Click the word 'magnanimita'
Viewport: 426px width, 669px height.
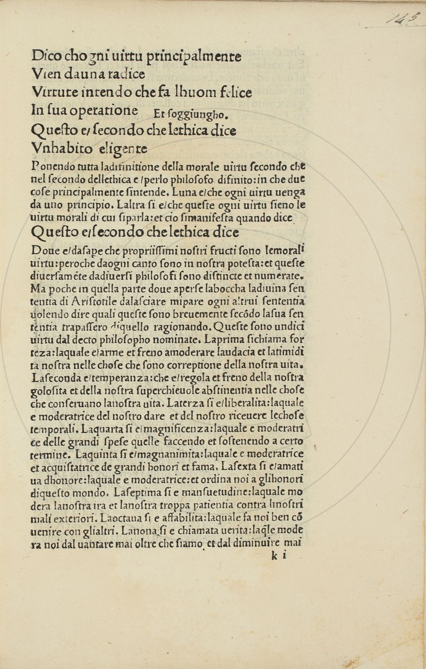[160, 454]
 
